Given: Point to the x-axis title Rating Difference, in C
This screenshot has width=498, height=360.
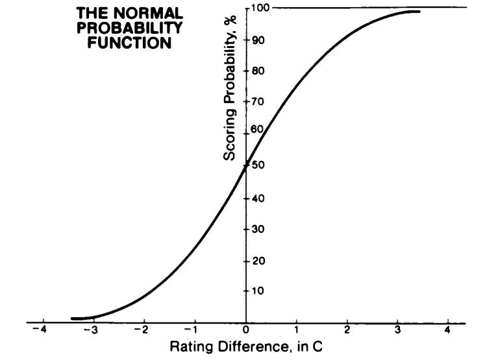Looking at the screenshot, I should [x=245, y=346].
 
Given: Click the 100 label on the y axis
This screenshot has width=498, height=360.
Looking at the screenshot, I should [x=260, y=8].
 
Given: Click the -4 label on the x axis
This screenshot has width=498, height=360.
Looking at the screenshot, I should [x=42, y=330].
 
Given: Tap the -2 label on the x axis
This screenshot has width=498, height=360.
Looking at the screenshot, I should [x=143, y=330].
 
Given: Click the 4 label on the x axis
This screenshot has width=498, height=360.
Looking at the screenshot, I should [x=448, y=330].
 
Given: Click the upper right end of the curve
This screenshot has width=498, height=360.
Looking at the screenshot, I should [x=419, y=11].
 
